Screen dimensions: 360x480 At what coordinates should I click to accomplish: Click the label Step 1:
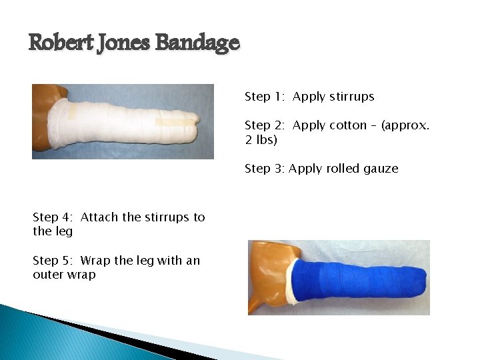(x=265, y=97)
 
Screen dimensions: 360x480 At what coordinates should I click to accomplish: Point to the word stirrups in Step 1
(x=351, y=97)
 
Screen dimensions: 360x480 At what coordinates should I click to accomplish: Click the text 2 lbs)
(x=261, y=140)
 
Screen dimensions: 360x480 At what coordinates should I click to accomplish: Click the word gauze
(x=383, y=169)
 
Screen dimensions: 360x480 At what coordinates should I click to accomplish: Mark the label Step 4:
(x=53, y=217)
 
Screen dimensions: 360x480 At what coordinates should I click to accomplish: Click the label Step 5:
(x=53, y=261)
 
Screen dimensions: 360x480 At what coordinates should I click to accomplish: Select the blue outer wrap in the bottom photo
(x=360, y=280)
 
